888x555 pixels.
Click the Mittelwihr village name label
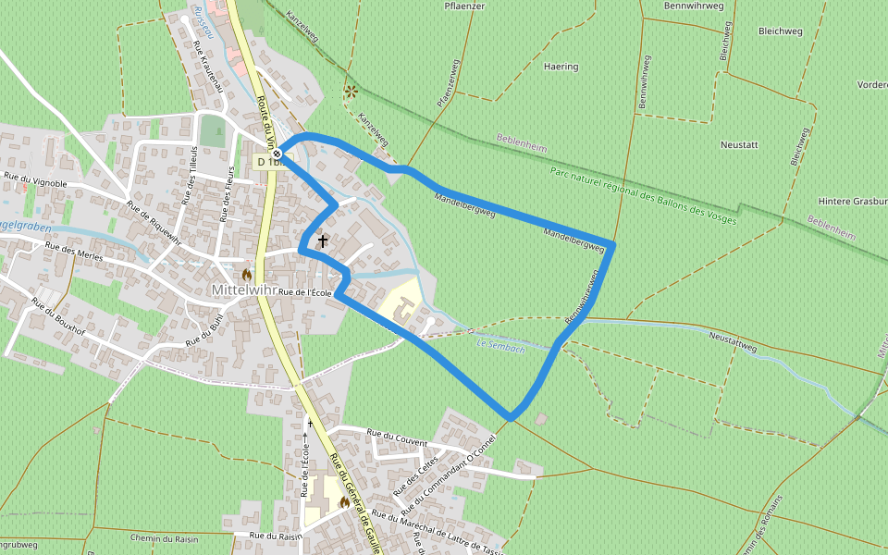pos(243,290)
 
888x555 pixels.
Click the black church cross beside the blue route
pos(323,241)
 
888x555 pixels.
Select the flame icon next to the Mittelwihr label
pos(247,275)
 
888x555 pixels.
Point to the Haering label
pos(561,67)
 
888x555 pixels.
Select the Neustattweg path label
pos(733,342)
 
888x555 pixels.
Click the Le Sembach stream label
pos(500,345)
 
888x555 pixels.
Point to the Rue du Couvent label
pos(397,437)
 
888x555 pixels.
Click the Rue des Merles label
pos(71,250)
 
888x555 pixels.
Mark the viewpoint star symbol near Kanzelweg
pos(351,92)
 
